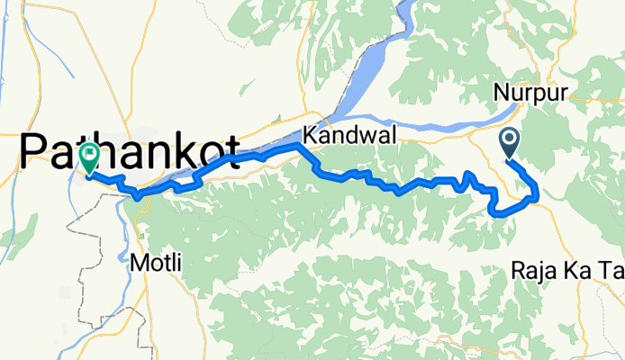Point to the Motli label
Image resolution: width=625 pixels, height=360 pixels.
[x=156, y=264]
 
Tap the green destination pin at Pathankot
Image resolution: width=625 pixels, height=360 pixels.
[x=89, y=158]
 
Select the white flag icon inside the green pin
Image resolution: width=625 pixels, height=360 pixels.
[x=89, y=154]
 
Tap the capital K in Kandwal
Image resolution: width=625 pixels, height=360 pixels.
[x=311, y=136]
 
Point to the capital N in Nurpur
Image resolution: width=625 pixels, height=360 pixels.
[x=501, y=93]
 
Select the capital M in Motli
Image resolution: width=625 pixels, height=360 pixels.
[x=138, y=264]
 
